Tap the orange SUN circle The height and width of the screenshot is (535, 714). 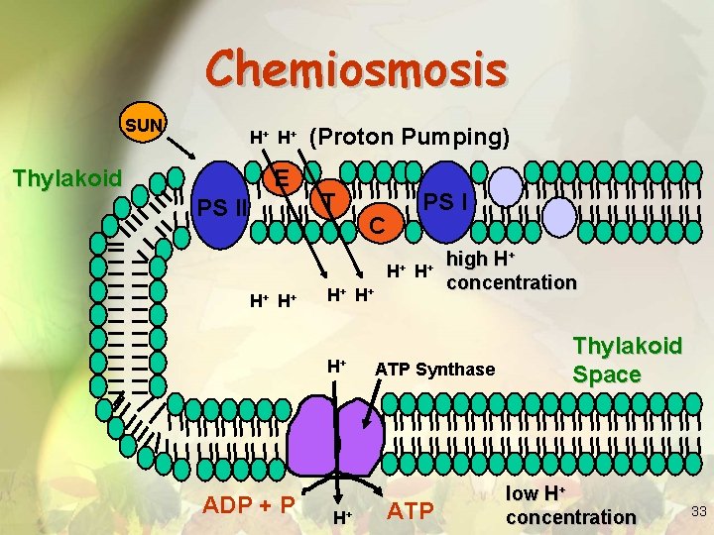pos(146,125)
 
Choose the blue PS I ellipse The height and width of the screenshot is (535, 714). pos(444,199)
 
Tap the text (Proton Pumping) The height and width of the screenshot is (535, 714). pos(410,137)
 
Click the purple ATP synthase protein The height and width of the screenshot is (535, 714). pos(340,442)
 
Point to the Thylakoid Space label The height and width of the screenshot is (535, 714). pos(627,361)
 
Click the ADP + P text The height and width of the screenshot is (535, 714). pos(249,504)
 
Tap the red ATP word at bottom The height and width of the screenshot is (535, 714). pos(410,511)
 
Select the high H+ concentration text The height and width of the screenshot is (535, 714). pos(510,270)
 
